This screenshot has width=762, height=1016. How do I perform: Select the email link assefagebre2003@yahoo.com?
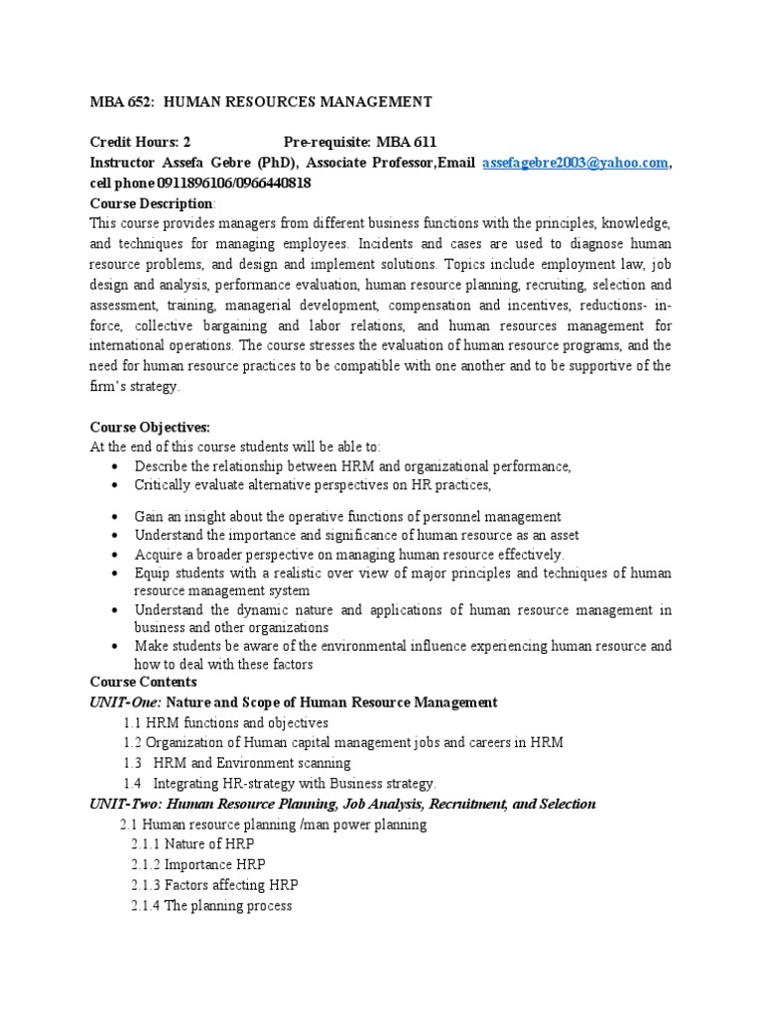click(575, 163)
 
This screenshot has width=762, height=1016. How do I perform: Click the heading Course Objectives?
click(150, 427)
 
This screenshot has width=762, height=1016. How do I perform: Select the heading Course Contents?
click(144, 683)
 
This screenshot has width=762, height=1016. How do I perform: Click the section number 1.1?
click(134, 723)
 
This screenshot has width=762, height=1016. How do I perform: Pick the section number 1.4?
click(134, 784)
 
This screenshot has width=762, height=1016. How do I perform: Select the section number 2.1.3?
click(146, 885)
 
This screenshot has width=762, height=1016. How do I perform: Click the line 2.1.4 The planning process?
click(211, 906)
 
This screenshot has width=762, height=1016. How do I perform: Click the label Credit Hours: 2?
click(140, 142)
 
